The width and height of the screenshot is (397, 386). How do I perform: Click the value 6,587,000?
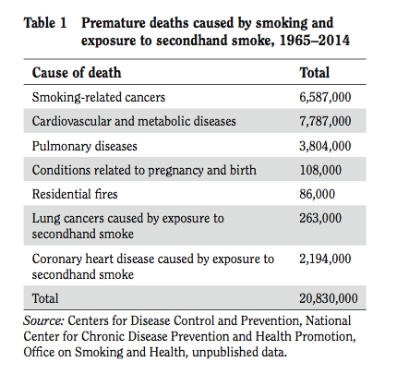click(325, 97)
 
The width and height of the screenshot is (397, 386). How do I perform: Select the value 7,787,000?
click(325, 121)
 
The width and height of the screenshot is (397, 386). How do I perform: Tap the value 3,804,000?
click(325, 146)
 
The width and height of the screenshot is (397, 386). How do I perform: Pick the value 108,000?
click(320, 170)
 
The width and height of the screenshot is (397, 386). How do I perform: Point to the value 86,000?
click(317, 194)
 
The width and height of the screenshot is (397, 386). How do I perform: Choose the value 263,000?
click(320, 218)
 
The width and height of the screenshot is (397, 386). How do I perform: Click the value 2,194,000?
click(325, 259)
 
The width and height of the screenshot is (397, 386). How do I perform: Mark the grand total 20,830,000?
click(329, 298)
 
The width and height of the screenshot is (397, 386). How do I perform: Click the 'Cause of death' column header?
click(77, 73)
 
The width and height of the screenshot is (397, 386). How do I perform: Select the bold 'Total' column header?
click(315, 73)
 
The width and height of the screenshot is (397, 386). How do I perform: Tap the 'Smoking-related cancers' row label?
click(99, 97)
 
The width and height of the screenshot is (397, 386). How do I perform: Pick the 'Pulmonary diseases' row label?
click(85, 146)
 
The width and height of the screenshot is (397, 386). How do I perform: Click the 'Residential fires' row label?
click(75, 194)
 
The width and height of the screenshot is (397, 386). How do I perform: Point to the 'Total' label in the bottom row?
click(45, 298)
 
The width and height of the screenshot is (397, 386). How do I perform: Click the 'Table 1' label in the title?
click(45, 23)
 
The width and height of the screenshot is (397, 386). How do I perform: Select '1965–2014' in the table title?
click(314, 41)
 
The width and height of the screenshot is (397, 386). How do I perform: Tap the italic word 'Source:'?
click(43, 320)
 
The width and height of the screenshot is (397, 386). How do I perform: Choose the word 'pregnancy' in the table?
click(175, 171)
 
